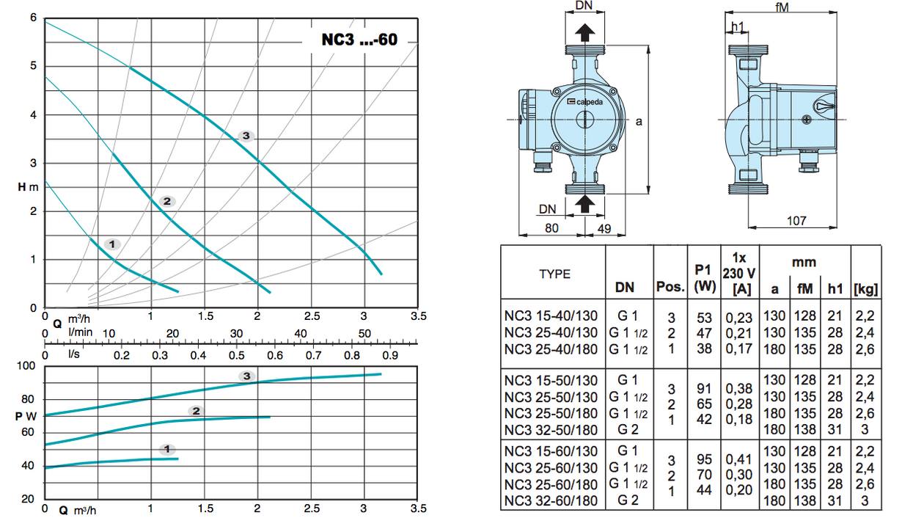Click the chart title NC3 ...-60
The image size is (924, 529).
359,40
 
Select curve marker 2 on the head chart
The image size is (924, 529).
166,201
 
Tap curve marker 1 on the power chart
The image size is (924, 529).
168,448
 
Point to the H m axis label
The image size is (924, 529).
28,187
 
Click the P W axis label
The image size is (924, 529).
26,416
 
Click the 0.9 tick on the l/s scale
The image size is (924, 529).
389,356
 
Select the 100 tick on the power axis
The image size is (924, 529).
26,366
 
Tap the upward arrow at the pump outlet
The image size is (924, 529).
584,33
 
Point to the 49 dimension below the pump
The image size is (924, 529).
606,228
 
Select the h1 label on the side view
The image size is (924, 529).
738,27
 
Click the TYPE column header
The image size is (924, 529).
554,274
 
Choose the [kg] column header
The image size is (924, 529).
866,288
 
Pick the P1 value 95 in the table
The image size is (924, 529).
704,459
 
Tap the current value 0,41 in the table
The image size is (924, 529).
739,459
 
